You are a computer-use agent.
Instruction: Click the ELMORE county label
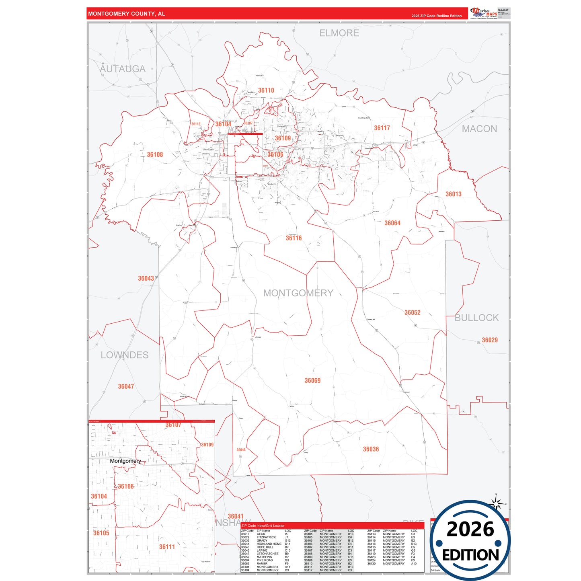click(339, 33)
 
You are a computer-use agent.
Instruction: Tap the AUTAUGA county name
click(123, 69)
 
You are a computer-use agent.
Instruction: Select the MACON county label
click(479, 129)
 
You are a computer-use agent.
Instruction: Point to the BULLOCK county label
click(476, 318)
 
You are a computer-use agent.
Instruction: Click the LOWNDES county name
click(125, 355)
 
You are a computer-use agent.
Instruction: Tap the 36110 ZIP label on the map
click(266, 90)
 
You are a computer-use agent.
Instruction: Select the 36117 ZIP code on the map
click(382, 128)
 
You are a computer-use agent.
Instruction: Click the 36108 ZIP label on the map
click(155, 154)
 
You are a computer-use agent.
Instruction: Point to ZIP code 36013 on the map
click(454, 194)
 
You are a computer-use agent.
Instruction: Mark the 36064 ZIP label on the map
click(392, 223)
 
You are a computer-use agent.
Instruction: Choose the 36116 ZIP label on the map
click(294, 238)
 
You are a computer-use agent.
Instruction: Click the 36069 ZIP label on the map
click(312, 380)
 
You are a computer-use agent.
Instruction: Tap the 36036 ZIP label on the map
click(371, 449)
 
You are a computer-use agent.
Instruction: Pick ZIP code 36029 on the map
click(490, 340)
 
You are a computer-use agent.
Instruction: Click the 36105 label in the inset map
click(101, 533)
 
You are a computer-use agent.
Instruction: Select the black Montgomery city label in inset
click(125, 461)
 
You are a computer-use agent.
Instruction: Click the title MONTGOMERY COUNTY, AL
click(127, 14)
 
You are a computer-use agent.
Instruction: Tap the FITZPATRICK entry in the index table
click(266, 537)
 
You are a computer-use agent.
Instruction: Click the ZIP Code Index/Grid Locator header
click(263, 526)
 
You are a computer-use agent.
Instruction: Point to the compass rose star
click(496, 503)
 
